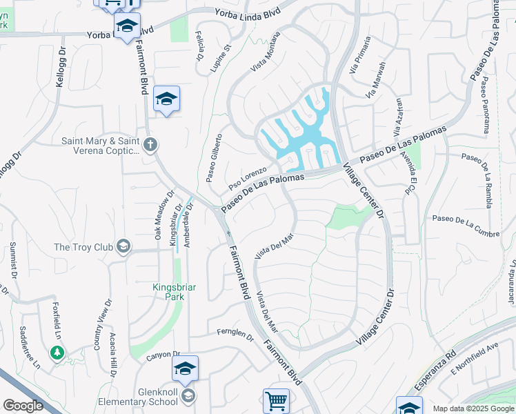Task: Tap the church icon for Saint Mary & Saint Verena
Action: [x=151, y=145]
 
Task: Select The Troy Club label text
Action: [x=84, y=247]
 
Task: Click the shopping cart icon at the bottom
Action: [x=275, y=400]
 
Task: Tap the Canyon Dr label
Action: [x=162, y=357]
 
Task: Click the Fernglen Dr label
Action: [x=235, y=335]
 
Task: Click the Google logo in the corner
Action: [x=23, y=406]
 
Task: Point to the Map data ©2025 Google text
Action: [x=473, y=408]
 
